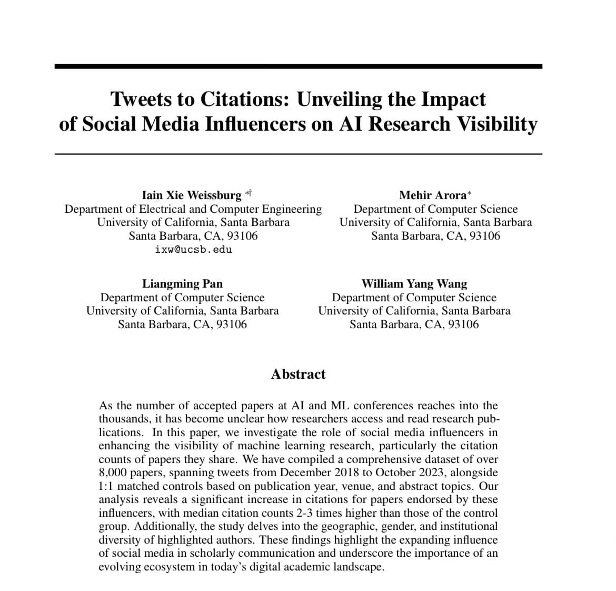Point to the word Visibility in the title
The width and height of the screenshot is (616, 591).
[x=496, y=124]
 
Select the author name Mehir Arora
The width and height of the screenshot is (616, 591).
[x=432, y=195]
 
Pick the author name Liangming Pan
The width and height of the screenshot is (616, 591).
[x=182, y=284]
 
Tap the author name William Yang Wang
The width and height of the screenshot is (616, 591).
[x=414, y=284]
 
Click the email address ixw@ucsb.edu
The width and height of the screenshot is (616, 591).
[x=193, y=249]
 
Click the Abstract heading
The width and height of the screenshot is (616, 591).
[x=298, y=374]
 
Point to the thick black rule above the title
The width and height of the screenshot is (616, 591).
[x=298, y=66]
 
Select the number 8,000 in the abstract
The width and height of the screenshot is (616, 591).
[x=113, y=473]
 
